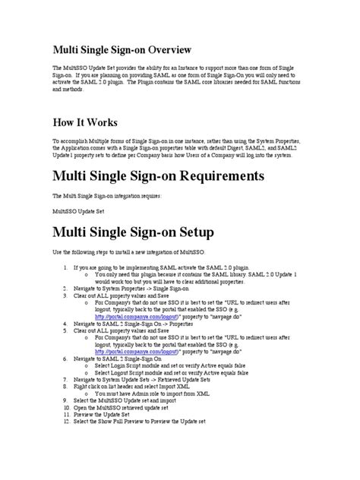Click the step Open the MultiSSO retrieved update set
(132, 408)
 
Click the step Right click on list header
(145, 384)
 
